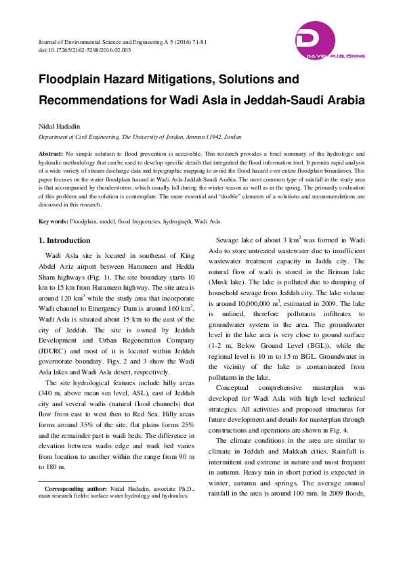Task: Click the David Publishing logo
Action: point(330,40)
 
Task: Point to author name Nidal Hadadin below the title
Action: point(60,127)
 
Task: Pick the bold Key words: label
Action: point(53,221)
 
